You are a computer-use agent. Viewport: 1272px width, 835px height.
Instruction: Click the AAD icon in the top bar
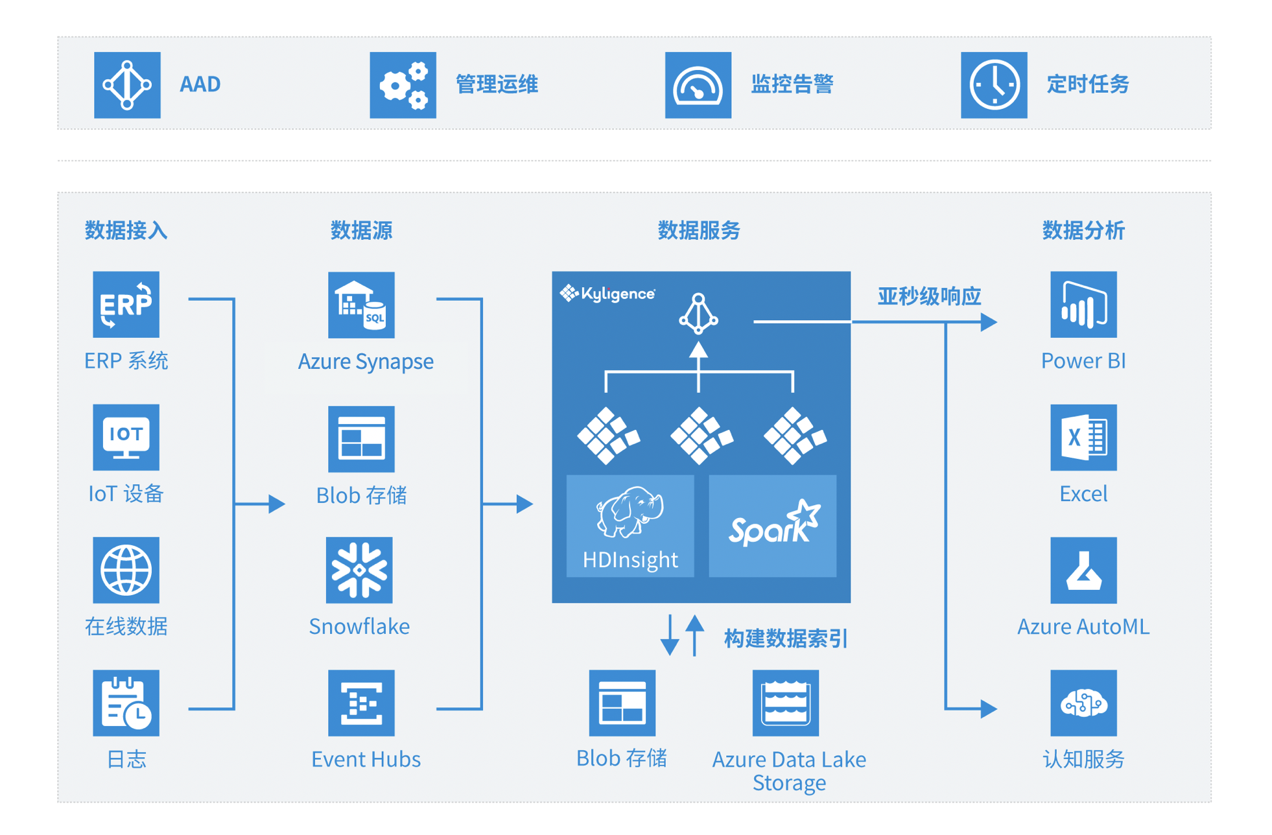point(127,85)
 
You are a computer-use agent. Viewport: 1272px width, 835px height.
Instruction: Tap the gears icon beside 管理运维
point(403,85)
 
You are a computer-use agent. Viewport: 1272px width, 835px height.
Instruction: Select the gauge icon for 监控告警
point(698,85)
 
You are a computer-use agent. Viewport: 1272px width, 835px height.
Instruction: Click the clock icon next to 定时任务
point(993,85)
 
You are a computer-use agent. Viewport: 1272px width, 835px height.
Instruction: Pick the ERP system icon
point(126,304)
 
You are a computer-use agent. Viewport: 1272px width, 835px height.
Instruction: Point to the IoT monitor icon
point(126,437)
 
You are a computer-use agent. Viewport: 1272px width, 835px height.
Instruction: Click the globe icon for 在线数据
point(126,570)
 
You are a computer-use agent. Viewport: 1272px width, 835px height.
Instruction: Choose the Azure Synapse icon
point(361,305)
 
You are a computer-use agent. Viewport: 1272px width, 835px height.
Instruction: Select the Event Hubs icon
point(361,703)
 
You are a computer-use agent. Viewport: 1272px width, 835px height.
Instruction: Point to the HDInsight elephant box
point(630,526)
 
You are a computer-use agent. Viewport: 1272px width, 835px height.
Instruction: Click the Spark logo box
point(772,526)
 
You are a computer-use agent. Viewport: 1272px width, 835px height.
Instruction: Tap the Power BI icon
point(1083,304)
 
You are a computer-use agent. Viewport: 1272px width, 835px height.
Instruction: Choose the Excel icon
point(1083,437)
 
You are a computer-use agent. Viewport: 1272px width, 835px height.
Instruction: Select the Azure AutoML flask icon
point(1083,570)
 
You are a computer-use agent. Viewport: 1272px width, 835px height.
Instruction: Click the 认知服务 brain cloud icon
point(1083,703)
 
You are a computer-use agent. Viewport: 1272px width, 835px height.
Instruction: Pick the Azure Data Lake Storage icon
point(785,703)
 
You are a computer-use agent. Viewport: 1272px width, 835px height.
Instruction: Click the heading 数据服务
point(698,230)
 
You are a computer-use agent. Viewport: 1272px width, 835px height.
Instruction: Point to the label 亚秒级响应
point(928,296)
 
